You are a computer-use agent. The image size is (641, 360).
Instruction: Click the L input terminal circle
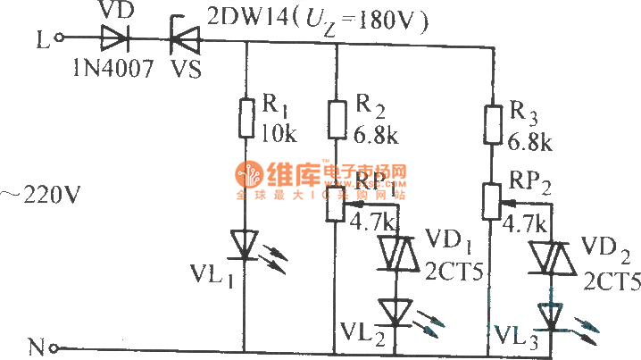click(x=60, y=38)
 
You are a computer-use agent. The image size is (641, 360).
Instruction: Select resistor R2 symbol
click(x=336, y=120)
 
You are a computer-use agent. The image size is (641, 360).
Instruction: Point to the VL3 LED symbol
click(x=552, y=314)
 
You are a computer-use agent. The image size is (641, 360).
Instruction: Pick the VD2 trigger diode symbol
click(x=552, y=258)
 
